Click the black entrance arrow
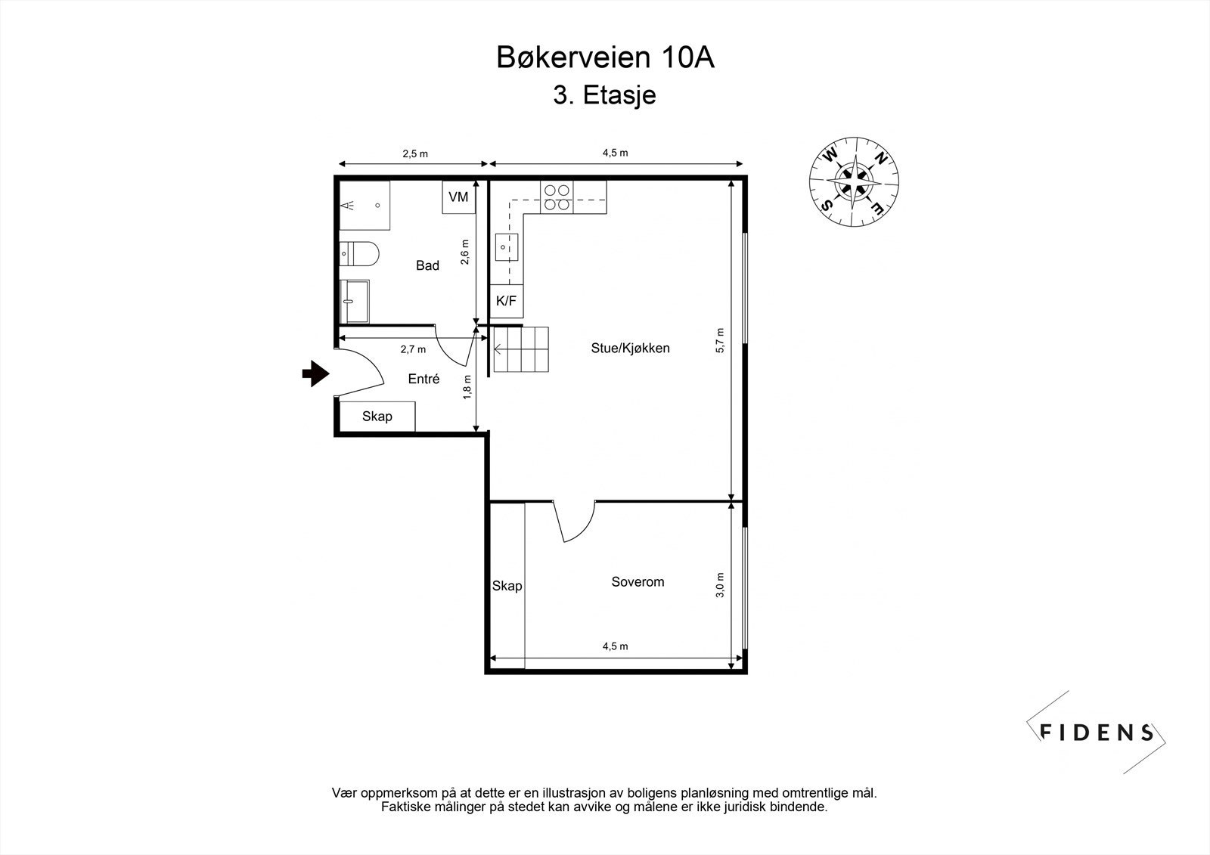pyautogui.click(x=315, y=373)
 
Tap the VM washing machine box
pyautogui.click(x=458, y=197)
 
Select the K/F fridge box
pyautogui.click(x=506, y=301)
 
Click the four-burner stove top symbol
pyautogui.click(x=556, y=197)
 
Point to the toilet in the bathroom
pyautogui.click(x=360, y=253)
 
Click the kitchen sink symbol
pyautogui.click(x=507, y=246)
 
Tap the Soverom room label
pyautogui.click(x=638, y=582)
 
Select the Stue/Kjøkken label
pyautogui.click(x=630, y=349)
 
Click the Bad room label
pyautogui.click(x=427, y=265)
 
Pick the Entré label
pyautogui.click(x=423, y=379)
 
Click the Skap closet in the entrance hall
pyautogui.click(x=377, y=417)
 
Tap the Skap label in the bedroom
pyautogui.click(x=507, y=586)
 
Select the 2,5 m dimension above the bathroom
pyautogui.click(x=414, y=153)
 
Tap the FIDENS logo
pyautogui.click(x=1097, y=732)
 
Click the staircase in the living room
pyautogui.click(x=521, y=349)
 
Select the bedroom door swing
pyautogui.click(x=576, y=522)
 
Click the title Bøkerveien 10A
pyautogui.click(x=605, y=58)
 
